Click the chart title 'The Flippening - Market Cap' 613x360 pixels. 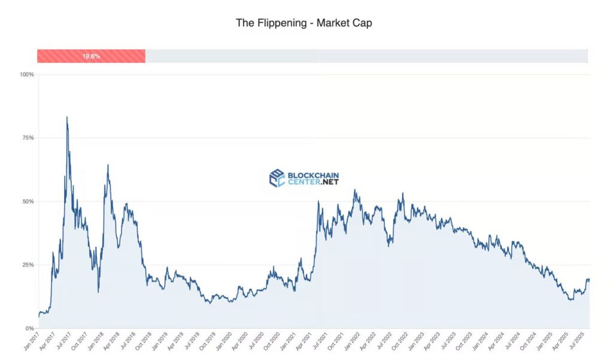304,23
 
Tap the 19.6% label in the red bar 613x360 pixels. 91,56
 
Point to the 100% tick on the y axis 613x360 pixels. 27,74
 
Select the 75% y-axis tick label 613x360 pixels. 28,138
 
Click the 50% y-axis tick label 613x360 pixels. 28,201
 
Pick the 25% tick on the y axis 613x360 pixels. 28,265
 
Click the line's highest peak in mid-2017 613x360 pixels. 66,117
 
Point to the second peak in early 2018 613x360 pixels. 108,165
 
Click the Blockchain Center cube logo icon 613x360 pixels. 277,178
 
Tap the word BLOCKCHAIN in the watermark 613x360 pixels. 313,175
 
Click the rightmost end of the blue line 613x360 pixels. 589,280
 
